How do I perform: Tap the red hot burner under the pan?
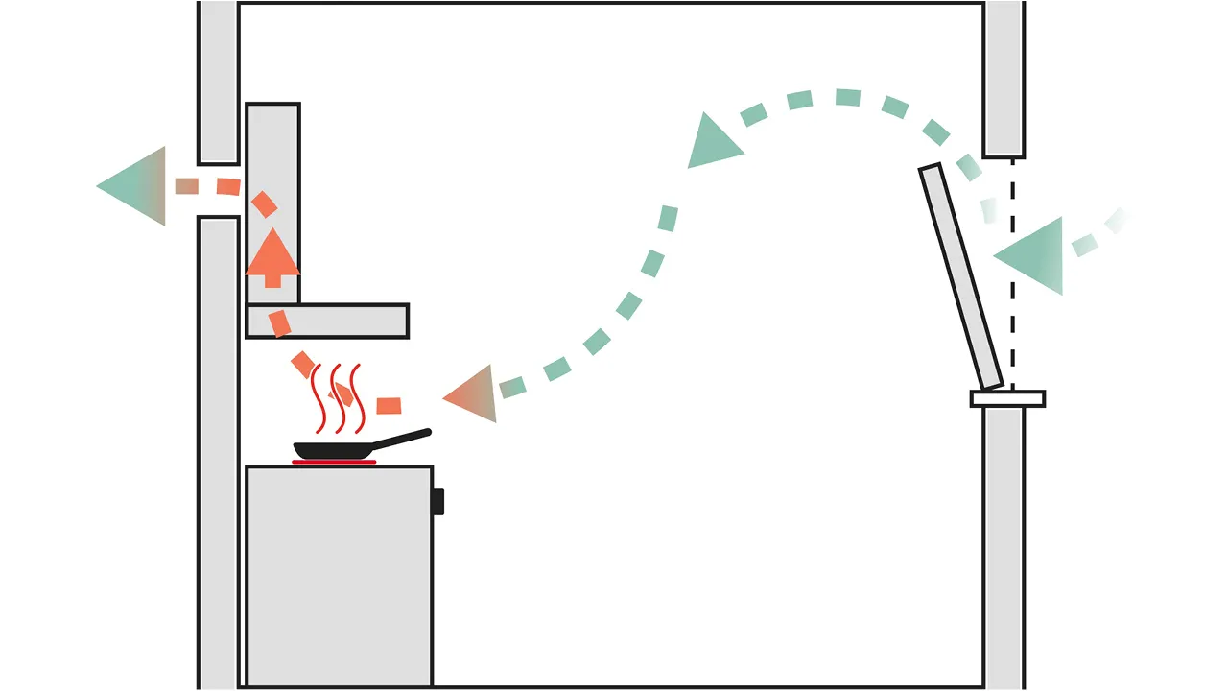click(334, 463)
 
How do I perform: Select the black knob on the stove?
click(437, 501)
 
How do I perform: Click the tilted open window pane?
click(961, 276)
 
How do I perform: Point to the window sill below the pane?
click(1007, 398)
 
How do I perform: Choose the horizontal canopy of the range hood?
click(327, 321)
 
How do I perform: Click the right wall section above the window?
click(1004, 77)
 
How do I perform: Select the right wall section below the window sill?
click(1004, 547)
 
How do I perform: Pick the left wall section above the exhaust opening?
click(218, 82)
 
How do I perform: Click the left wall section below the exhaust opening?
click(218, 451)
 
